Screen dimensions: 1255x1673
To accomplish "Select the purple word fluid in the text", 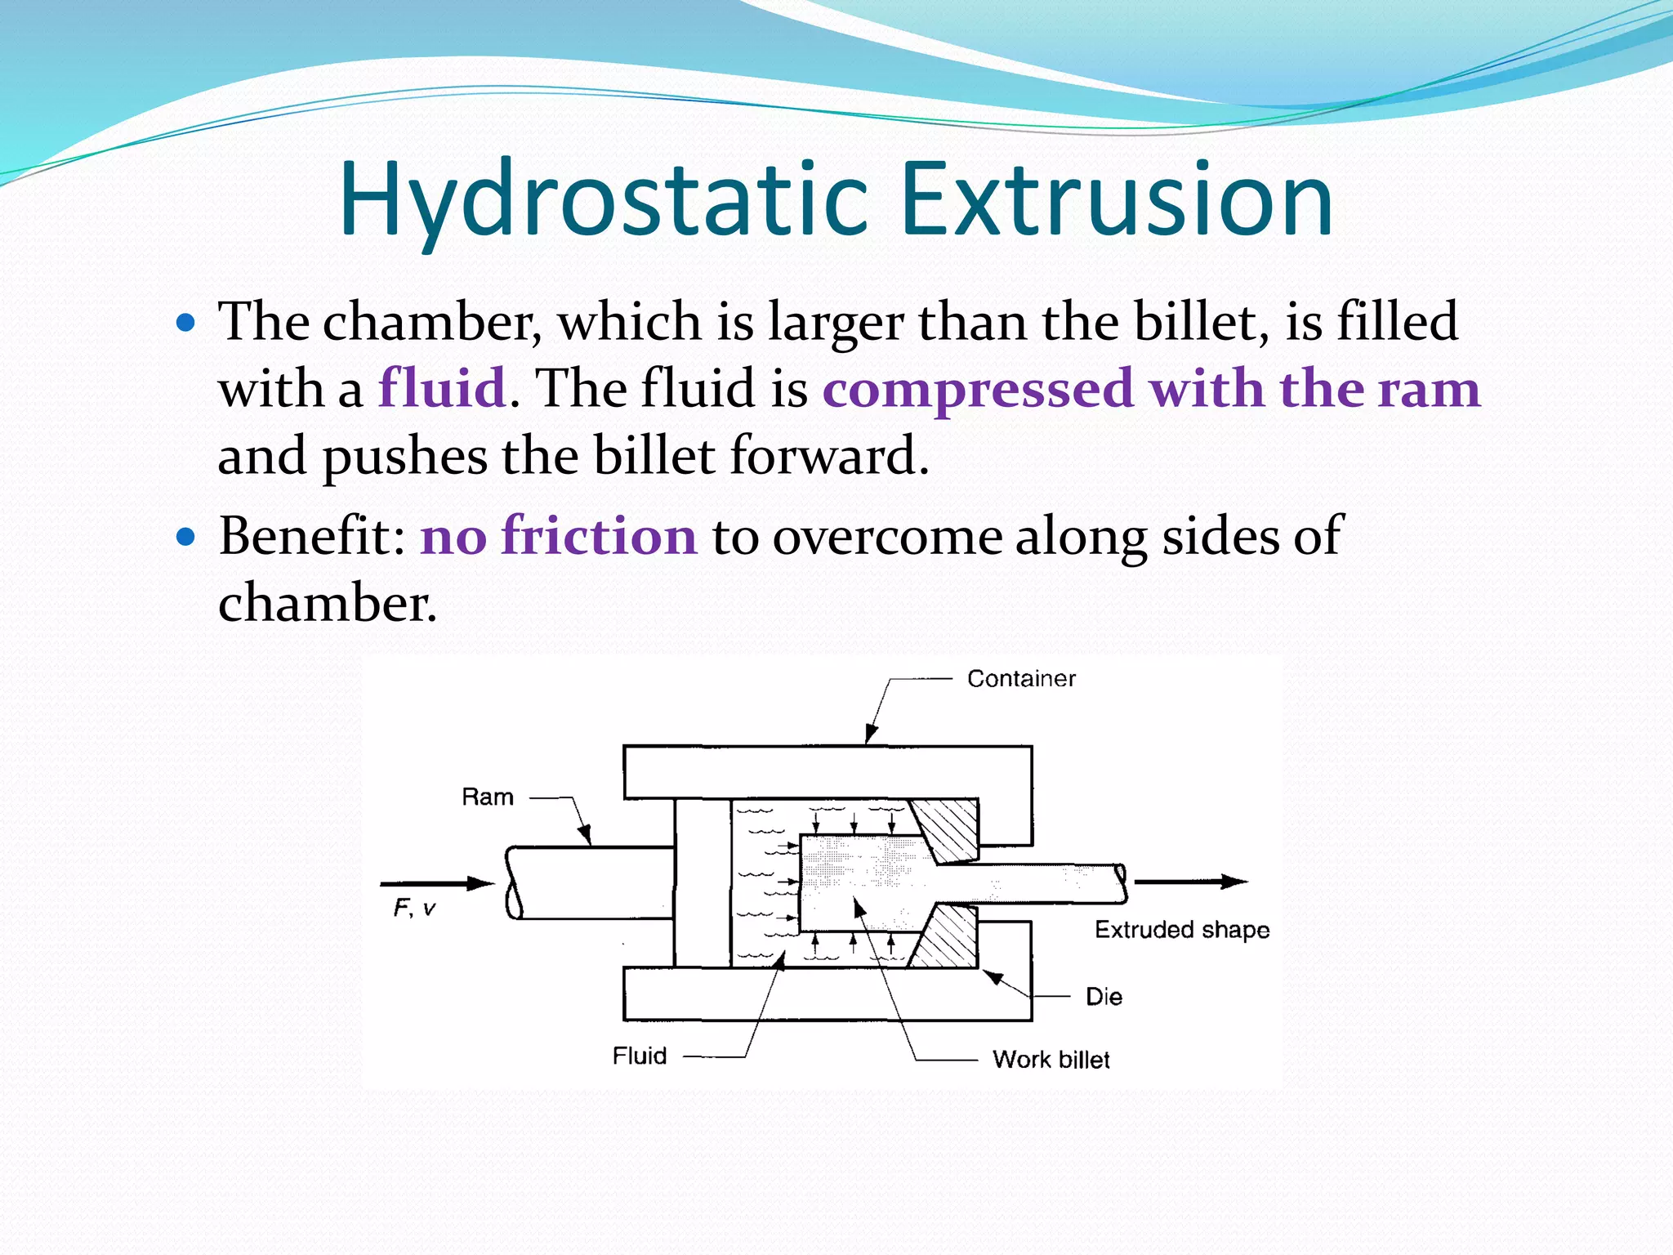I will tap(442, 388).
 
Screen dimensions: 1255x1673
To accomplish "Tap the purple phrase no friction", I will tap(559, 537).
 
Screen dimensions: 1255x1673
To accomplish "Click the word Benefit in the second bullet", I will tap(306, 537).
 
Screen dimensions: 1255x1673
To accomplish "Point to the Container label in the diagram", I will tap(1021, 679).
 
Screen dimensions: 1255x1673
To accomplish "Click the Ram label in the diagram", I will tap(488, 797).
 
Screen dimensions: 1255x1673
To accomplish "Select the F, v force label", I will tap(414, 909).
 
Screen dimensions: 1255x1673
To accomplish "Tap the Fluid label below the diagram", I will tap(640, 1056).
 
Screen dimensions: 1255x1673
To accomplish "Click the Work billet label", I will tap(1051, 1060).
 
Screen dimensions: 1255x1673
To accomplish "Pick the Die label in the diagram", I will tap(1104, 997).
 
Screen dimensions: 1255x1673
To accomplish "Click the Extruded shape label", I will tap(1182, 930).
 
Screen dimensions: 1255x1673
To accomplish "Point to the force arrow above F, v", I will tap(437, 883).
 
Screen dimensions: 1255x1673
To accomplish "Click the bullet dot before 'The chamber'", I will tap(186, 323).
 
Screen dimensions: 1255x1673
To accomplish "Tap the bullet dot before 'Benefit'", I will tap(186, 538).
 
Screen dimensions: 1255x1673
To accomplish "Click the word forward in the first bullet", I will tap(828, 456).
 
